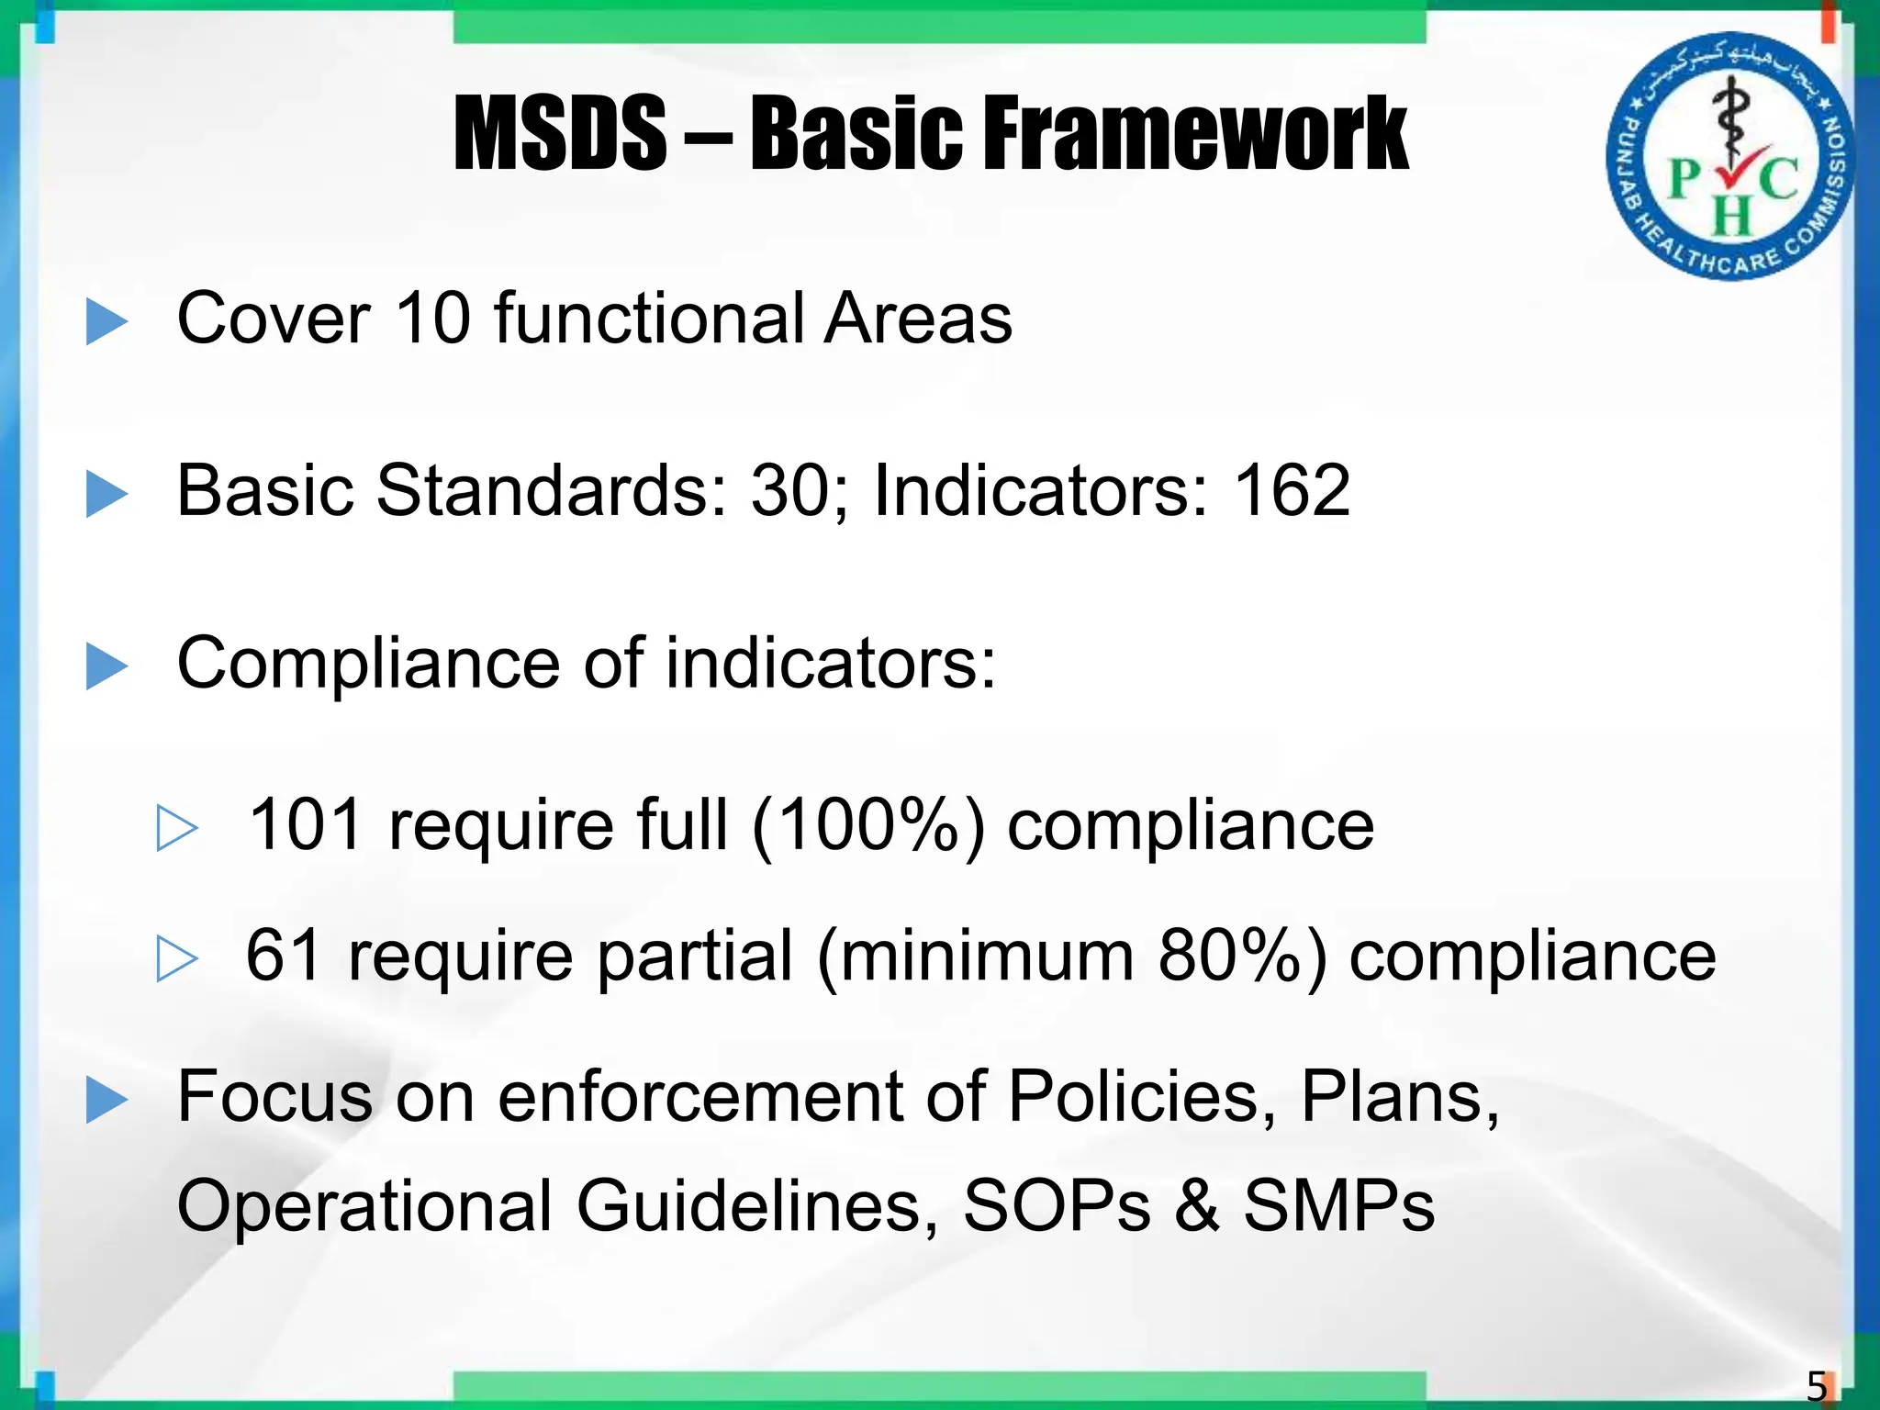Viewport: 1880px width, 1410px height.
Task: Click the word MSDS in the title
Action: pyautogui.click(x=560, y=135)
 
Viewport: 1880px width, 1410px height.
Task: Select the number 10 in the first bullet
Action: pyautogui.click(x=431, y=319)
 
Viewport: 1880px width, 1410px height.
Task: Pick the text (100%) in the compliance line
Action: pyautogui.click(x=867, y=824)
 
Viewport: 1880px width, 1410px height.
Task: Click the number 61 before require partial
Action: pyautogui.click(x=284, y=956)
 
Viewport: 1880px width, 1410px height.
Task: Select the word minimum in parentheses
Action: pyautogui.click(x=986, y=956)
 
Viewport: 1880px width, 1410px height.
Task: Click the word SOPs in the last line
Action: pyautogui.click(x=1057, y=1205)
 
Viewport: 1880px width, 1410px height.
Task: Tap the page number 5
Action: pyautogui.click(x=1816, y=1385)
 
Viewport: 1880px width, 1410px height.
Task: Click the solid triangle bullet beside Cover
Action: pyautogui.click(x=106, y=322)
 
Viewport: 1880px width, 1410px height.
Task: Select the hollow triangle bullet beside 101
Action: pyautogui.click(x=176, y=828)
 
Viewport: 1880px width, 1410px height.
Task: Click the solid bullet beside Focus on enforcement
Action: pyautogui.click(x=106, y=1100)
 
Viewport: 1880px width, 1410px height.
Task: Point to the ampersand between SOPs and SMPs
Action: pyautogui.click(x=1197, y=1205)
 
